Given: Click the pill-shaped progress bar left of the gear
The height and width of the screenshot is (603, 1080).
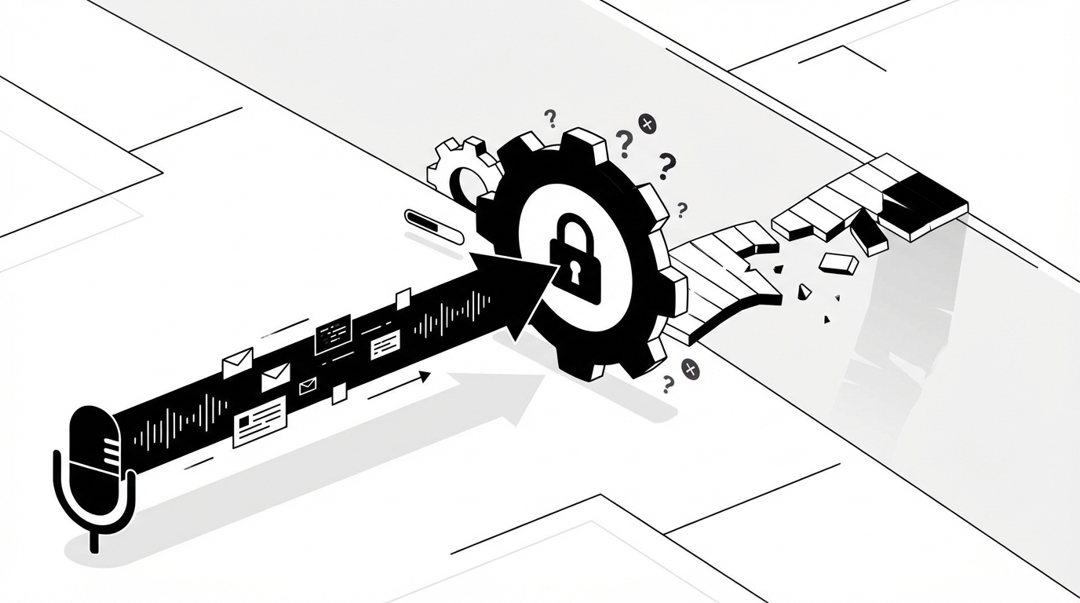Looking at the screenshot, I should point(434,226).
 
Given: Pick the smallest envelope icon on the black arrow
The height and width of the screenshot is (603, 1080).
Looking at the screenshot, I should point(308,386).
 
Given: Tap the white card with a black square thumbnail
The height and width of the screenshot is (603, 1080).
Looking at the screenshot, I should point(259,421).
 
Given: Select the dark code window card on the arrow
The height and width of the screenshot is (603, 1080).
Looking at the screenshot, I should point(333,334).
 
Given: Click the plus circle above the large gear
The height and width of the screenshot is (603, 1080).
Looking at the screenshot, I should point(647,122).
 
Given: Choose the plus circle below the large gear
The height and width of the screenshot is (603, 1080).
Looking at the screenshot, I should point(690,369).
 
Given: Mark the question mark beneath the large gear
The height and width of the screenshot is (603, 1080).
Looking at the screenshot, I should point(668,384).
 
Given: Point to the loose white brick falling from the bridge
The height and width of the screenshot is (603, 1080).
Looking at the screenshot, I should point(838,263).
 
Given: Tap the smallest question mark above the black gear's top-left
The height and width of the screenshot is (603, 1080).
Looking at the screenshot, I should point(550,119).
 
